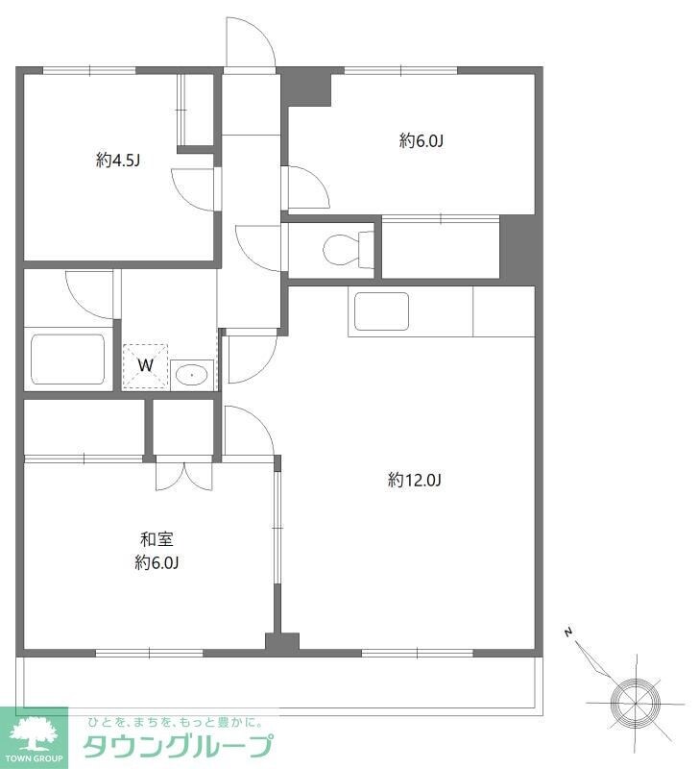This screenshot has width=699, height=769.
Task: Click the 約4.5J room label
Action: (x=118, y=161)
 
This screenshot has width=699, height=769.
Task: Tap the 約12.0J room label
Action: (x=415, y=480)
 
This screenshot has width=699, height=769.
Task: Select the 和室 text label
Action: (x=157, y=539)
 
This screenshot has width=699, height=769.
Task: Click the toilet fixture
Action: (x=349, y=250)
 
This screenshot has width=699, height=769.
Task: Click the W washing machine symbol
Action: (x=145, y=366)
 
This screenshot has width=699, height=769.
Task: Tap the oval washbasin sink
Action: (x=191, y=376)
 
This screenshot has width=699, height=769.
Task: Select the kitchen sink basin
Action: (x=381, y=311)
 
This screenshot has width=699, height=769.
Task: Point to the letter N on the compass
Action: (x=568, y=633)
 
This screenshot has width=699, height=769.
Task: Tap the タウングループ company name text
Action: (x=178, y=747)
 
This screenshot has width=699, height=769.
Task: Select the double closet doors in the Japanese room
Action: (x=184, y=476)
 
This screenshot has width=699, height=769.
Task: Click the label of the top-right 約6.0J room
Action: (x=422, y=140)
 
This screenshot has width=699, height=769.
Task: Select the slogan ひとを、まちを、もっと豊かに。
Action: (x=175, y=722)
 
